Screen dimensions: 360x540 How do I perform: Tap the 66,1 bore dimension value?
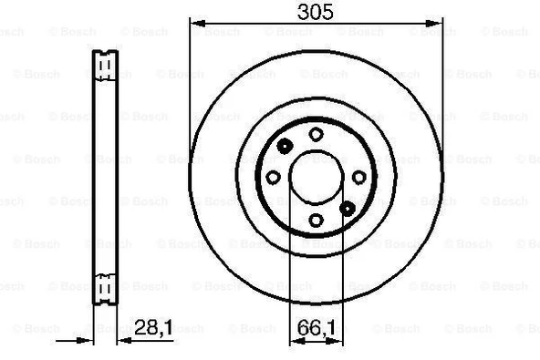click(315, 326)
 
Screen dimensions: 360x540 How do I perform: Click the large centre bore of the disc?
click(315, 177)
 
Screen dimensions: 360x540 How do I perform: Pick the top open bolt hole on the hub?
click(316, 134)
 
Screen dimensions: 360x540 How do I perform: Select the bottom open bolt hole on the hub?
click(316, 220)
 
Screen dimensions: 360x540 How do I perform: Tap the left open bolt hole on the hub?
click(272, 177)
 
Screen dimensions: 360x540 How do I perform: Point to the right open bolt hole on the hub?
click(358, 177)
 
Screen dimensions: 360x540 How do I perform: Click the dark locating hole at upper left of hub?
click(284, 146)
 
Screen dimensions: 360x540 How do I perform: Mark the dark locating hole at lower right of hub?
click(347, 208)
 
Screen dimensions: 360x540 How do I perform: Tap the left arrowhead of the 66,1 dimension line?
click(294, 342)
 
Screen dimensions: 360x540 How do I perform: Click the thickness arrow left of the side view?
click(88, 342)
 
